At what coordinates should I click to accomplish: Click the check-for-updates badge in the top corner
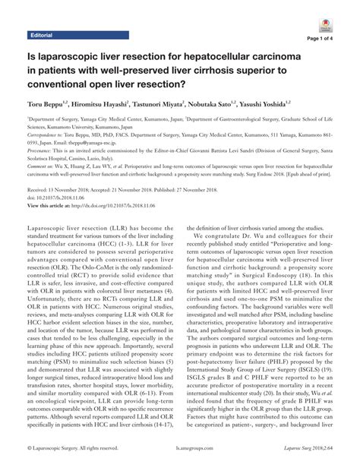click(340, 17)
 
